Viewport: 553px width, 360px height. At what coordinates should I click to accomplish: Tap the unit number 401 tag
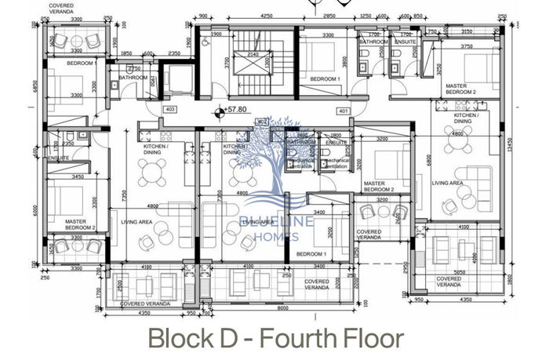tap(343, 111)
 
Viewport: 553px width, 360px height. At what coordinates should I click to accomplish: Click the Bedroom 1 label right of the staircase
tap(325, 79)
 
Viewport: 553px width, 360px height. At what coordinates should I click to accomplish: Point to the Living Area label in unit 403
tap(136, 222)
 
